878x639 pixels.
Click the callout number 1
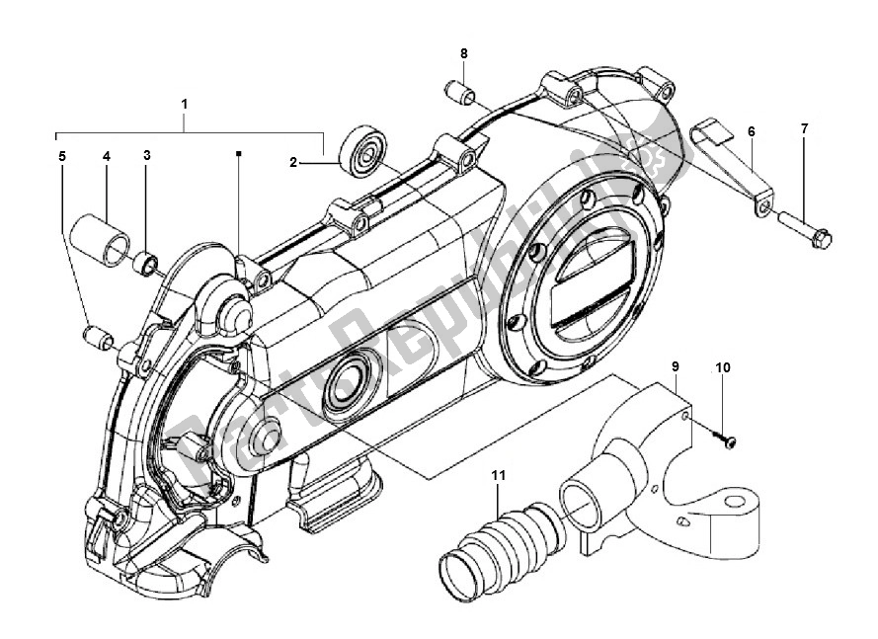point(184,103)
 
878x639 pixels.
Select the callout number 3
point(147,156)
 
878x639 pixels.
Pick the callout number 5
point(61,156)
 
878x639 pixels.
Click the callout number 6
point(752,130)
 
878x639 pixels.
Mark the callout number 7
point(804,130)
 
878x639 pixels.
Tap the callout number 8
point(463,52)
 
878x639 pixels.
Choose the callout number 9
point(677,367)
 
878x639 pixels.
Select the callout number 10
point(723,367)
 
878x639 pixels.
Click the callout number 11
point(499,476)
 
